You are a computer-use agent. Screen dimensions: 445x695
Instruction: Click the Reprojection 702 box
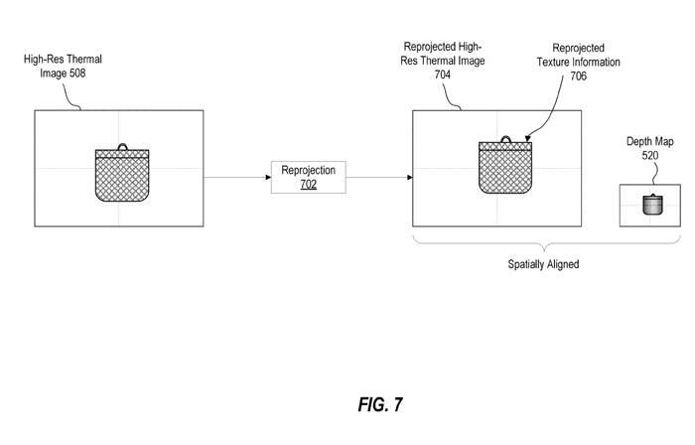coord(308,177)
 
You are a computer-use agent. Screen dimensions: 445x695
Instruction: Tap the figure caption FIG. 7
coord(381,404)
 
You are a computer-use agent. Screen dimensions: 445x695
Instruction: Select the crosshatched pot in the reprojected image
coord(505,168)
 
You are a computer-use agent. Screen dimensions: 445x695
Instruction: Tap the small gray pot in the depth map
coord(651,205)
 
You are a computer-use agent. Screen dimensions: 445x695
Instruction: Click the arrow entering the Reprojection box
coord(236,177)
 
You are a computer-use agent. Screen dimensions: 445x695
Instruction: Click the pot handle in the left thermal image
coord(123,146)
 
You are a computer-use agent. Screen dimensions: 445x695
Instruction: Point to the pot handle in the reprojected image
coord(506,139)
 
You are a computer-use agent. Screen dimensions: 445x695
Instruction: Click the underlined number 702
coord(308,185)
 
